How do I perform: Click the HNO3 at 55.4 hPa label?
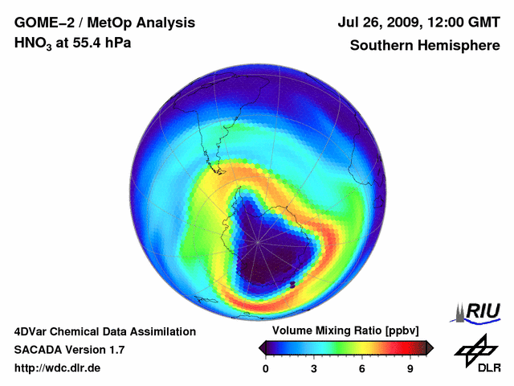pos(72,43)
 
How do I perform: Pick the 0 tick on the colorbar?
pos(267,369)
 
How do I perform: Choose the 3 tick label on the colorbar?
pos(314,369)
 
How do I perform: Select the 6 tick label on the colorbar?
pos(362,369)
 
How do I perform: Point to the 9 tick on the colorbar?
pos(410,369)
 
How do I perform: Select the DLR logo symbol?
pos(475,347)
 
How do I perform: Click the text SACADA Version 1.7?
pos(70,350)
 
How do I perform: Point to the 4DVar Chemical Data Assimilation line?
pos(105,331)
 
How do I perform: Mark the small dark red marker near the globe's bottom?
pos(293,285)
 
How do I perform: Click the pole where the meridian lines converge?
pos(259,240)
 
